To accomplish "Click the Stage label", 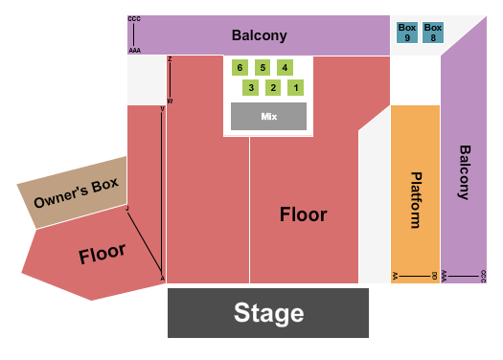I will click(x=268, y=313).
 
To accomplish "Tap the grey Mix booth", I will click(x=268, y=116).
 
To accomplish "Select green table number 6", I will click(x=240, y=67).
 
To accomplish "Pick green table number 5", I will click(x=262, y=67).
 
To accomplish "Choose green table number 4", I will click(x=285, y=67).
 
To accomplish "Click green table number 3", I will click(x=251, y=88).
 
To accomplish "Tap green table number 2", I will click(x=273, y=88).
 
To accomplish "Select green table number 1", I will click(x=296, y=88).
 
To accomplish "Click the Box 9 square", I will click(x=407, y=33).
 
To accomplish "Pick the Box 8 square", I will click(x=433, y=33).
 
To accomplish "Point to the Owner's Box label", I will click(x=76, y=194).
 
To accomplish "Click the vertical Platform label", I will click(x=416, y=200).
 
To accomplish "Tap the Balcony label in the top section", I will click(x=259, y=35).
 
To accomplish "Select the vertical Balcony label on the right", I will click(x=464, y=172).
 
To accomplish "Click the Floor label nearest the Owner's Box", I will click(x=103, y=253).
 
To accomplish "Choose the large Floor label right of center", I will click(x=303, y=214).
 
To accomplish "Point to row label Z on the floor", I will click(x=170, y=59).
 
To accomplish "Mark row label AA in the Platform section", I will click(x=395, y=276).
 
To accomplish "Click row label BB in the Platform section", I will click(x=435, y=276).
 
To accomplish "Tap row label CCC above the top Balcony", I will click(x=133, y=18).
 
